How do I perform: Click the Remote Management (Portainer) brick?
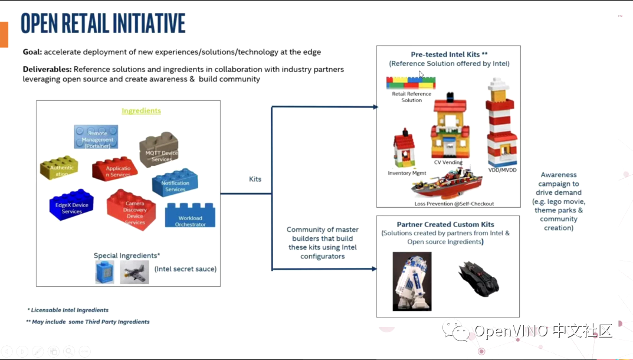point(96,137)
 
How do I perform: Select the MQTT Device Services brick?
point(159,152)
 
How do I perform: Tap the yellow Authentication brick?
point(59,168)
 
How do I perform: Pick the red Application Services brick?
point(115,169)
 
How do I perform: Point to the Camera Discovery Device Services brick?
point(132,210)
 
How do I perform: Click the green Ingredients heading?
point(141,111)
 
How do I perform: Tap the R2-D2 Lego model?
point(412,281)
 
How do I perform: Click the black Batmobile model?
point(478,279)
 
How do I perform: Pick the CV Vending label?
point(448,162)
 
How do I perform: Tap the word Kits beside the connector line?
point(255,179)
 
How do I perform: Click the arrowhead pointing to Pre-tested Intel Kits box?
point(375,107)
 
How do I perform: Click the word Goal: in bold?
point(32,52)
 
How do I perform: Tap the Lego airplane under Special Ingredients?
point(135,272)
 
